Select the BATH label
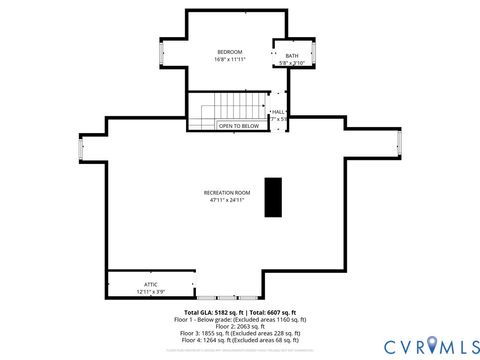(291, 56)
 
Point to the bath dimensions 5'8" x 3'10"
(291, 63)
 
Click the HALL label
(278, 111)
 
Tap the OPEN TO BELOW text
(238, 126)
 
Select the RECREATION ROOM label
(227, 191)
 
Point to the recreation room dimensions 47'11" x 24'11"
(227, 199)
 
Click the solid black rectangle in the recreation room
(273, 198)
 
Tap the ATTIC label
(151, 284)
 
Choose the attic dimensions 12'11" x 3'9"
(151, 291)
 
